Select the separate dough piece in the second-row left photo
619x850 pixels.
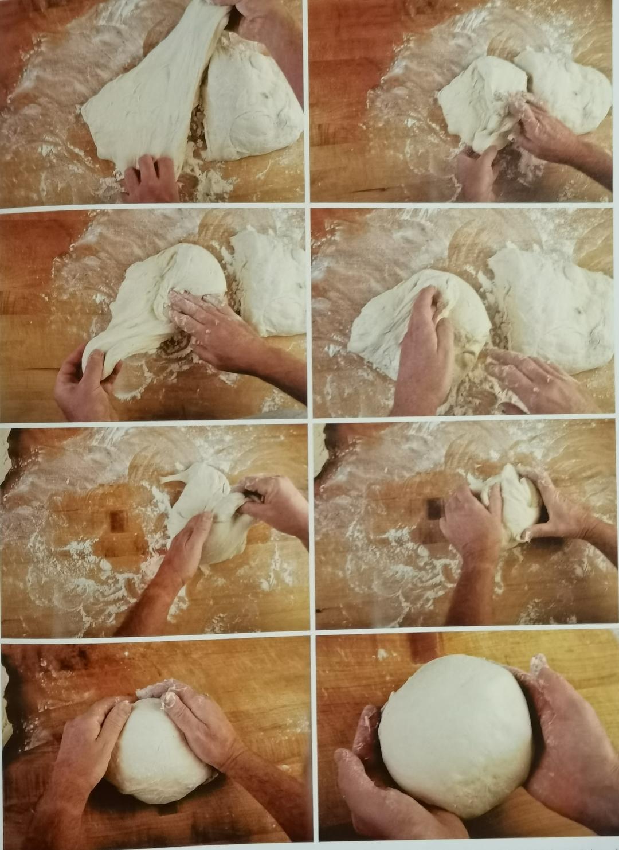click(269, 281)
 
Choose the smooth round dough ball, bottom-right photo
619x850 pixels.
click(456, 734)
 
